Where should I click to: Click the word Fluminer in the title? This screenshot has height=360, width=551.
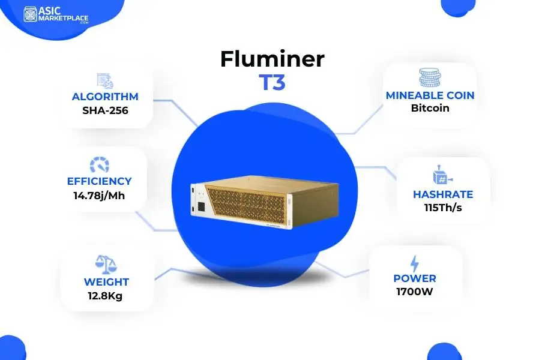pos(272,59)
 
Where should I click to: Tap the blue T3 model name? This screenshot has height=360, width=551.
pos(272,83)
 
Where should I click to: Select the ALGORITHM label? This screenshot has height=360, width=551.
pos(105,97)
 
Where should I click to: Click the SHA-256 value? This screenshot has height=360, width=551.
pos(105,110)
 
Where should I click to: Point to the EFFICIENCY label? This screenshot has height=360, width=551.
pos(100,181)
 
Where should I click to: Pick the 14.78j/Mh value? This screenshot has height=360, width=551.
pos(100,195)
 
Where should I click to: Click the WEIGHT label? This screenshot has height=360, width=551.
pos(106,282)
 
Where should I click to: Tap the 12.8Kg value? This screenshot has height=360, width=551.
pos(106,296)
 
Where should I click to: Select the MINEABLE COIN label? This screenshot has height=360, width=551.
pos(430,95)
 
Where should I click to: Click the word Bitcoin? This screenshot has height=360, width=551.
pos(430,109)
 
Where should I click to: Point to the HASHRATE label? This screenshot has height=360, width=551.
pos(443,194)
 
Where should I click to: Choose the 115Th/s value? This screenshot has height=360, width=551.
pos(443,208)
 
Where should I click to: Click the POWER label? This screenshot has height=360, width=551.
pos(415,278)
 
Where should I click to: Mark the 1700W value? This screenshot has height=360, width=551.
pos(415,292)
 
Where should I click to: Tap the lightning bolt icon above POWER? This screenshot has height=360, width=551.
pos(415,263)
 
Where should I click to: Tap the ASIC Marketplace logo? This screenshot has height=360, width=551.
pos(56,15)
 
